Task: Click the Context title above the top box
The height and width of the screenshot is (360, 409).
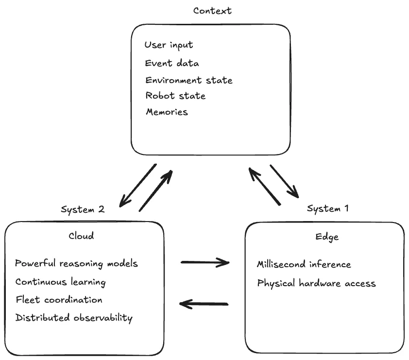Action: [212, 11]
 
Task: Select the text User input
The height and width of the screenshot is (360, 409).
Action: [169, 45]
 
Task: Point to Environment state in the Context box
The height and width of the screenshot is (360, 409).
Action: [188, 80]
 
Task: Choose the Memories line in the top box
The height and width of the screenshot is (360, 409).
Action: [167, 112]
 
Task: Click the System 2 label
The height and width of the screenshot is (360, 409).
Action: [83, 210]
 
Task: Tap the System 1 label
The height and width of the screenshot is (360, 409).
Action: [328, 209]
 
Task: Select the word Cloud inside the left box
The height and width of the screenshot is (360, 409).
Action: [81, 236]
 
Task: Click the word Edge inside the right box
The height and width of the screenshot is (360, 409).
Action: [327, 237]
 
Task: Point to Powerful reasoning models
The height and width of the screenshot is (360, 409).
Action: [76, 264]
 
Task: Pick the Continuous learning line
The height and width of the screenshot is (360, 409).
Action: [60, 282]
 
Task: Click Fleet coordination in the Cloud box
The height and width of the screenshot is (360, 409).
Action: [59, 300]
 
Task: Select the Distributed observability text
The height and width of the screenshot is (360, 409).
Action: [74, 318]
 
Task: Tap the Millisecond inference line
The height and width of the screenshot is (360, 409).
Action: [304, 265]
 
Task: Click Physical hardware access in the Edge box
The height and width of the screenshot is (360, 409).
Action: [316, 283]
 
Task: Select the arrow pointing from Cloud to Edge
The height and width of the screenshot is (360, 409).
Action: [204, 263]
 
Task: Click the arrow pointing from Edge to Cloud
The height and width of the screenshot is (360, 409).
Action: [204, 304]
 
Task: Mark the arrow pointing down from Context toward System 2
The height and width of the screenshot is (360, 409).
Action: [138, 184]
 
